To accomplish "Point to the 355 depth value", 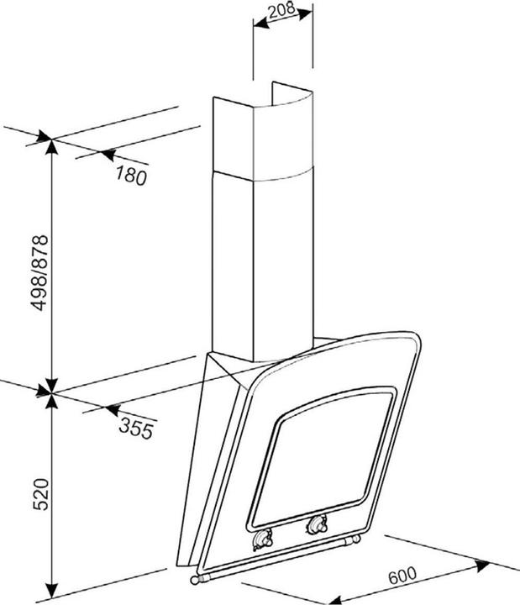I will coord(135,429).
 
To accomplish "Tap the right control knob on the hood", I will coord(317,526).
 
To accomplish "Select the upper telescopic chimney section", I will coord(262,134).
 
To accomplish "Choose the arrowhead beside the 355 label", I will coord(108,409).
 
